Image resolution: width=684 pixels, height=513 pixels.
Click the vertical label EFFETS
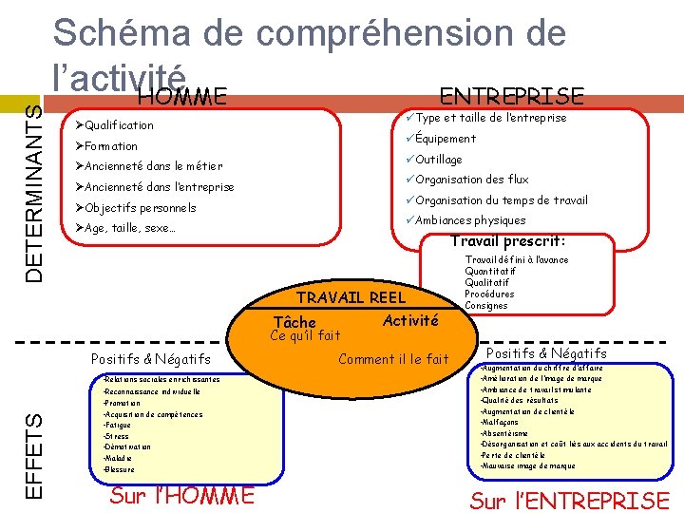pos(34,455)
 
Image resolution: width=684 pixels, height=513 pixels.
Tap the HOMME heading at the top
pos(180,96)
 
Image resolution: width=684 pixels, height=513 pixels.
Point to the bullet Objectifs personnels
pos(140,208)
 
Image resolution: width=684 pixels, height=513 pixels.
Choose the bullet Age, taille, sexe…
pos(129,229)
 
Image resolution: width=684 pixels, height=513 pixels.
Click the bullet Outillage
pos(438,160)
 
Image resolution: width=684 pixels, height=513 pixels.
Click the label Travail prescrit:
pos(507,241)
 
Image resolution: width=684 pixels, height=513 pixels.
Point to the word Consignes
pos(485,306)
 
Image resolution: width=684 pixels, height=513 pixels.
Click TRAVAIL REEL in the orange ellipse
pos(351,297)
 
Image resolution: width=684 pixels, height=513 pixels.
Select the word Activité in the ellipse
pos(410,321)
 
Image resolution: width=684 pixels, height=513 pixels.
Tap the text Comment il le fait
pos(393,359)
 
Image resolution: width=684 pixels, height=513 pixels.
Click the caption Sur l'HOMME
pos(182,495)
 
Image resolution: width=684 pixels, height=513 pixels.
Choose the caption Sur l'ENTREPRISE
pos(570,500)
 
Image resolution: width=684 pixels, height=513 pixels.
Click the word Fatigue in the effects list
pos(119,425)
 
